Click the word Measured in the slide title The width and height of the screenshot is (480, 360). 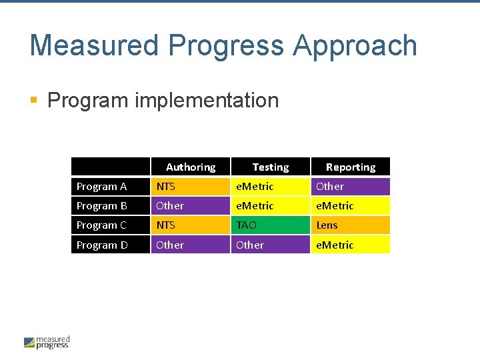click(94, 45)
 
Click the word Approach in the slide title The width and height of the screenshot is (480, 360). click(355, 45)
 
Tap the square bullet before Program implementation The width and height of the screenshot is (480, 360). click(34, 101)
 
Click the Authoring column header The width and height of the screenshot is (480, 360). click(191, 167)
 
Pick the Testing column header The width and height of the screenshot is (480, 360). click(271, 167)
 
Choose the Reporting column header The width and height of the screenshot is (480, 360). click(351, 167)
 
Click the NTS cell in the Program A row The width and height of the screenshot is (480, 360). click(191, 187)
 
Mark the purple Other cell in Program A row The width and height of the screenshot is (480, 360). click(351, 187)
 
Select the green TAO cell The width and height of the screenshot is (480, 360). click(271, 225)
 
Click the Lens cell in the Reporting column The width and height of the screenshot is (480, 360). click(351, 225)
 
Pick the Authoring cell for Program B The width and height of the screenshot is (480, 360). click(191, 206)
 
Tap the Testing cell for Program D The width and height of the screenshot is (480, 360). click(271, 245)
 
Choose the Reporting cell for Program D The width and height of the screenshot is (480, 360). click(351, 245)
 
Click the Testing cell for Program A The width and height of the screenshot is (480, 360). click(271, 187)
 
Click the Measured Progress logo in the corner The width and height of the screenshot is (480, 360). click(47, 342)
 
